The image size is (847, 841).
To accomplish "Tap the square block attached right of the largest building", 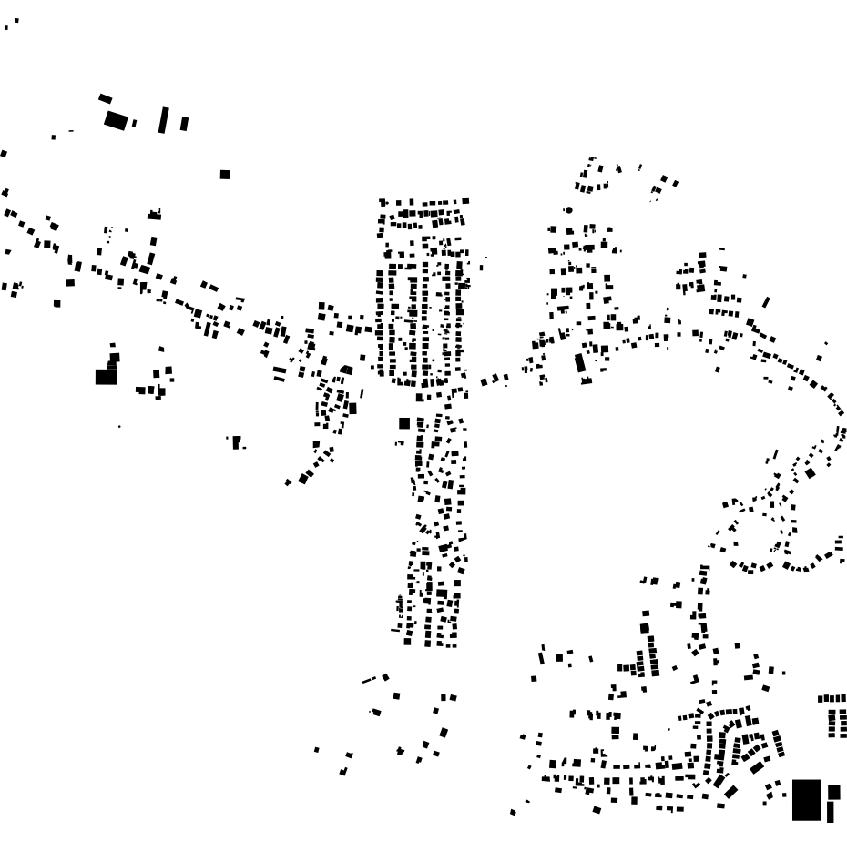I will coord(833,792).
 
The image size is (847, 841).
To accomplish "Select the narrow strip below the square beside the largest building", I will coord(831,811).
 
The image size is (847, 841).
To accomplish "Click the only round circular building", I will coord(569,210).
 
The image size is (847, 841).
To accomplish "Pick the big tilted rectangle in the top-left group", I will coord(116,119).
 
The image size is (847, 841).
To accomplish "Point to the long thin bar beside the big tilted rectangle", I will coord(164,120).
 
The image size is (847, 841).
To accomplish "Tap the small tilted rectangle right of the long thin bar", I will coord(184,123).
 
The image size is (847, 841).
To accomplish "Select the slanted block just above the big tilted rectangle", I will coord(105,98).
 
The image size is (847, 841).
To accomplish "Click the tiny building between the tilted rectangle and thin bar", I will coord(135,122).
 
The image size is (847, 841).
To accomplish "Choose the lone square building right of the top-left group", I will coord(225,174).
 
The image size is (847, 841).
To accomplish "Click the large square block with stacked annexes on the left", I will coord(106,375).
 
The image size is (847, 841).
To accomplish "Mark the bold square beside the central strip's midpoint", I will coord(404,423).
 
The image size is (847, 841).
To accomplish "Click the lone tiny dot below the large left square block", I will coord(119,426).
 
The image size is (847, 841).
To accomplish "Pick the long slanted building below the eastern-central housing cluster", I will coord(579,363).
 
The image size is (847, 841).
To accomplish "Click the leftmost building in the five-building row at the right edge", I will coord(821,698).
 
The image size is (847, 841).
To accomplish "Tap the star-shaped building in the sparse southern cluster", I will coord(400,751).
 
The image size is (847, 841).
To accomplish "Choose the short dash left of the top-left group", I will coord(71,131).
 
